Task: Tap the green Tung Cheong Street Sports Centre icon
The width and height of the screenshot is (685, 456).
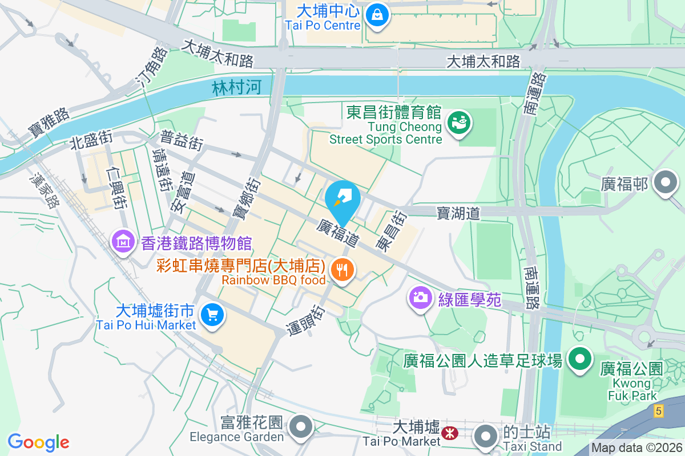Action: [x=457, y=122]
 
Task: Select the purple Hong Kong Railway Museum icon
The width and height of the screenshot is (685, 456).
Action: [x=123, y=242]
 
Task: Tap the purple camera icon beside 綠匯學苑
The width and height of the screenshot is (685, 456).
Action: [x=421, y=297]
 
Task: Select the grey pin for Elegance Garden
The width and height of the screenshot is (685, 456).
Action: [x=300, y=426]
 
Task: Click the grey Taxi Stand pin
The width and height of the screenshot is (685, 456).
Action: [x=486, y=436]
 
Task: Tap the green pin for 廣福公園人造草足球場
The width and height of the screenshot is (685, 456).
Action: [x=581, y=359]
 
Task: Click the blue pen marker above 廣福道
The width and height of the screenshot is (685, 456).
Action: [x=342, y=197]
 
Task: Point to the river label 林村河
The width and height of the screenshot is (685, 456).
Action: [x=236, y=87]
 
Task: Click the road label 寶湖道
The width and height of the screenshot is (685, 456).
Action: [x=458, y=213]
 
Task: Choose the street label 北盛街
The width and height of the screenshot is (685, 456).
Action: [x=91, y=139]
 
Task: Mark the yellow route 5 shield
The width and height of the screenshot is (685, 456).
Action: [x=659, y=410]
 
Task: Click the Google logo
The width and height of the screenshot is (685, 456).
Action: [x=39, y=442]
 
